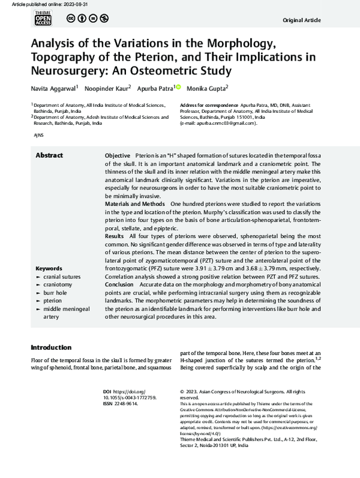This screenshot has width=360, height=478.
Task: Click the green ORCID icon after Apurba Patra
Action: point(178,88)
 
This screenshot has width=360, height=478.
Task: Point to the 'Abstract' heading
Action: point(49,155)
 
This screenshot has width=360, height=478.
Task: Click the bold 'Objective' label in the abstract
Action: point(118,155)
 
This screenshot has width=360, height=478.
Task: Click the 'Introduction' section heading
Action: point(51,348)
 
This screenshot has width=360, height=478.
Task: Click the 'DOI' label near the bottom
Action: point(107,390)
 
